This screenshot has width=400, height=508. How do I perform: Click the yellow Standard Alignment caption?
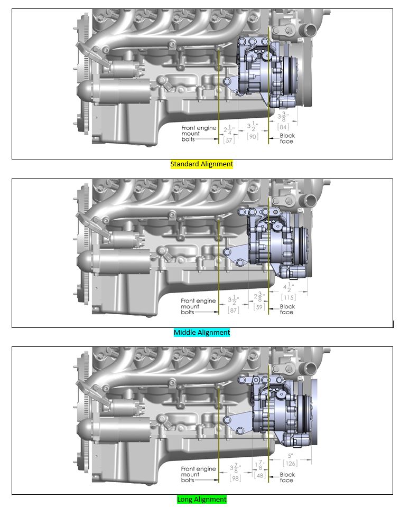[x=201, y=164]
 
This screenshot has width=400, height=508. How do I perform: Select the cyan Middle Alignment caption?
[x=201, y=333]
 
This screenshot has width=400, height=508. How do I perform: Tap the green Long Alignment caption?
[x=201, y=499]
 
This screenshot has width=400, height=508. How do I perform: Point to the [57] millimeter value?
[x=229, y=140]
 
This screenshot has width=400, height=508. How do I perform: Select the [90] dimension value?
[x=253, y=136]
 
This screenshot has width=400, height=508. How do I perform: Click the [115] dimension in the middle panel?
[x=289, y=298]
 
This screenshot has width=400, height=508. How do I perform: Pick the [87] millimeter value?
[x=232, y=310]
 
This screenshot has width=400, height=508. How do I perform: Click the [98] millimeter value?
[x=235, y=478]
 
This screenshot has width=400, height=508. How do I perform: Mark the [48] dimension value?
[x=259, y=475]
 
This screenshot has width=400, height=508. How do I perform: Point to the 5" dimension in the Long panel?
[x=290, y=455]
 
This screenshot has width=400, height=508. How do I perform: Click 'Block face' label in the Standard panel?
[x=287, y=138]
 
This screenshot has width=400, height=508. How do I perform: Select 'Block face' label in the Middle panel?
[x=287, y=309]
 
